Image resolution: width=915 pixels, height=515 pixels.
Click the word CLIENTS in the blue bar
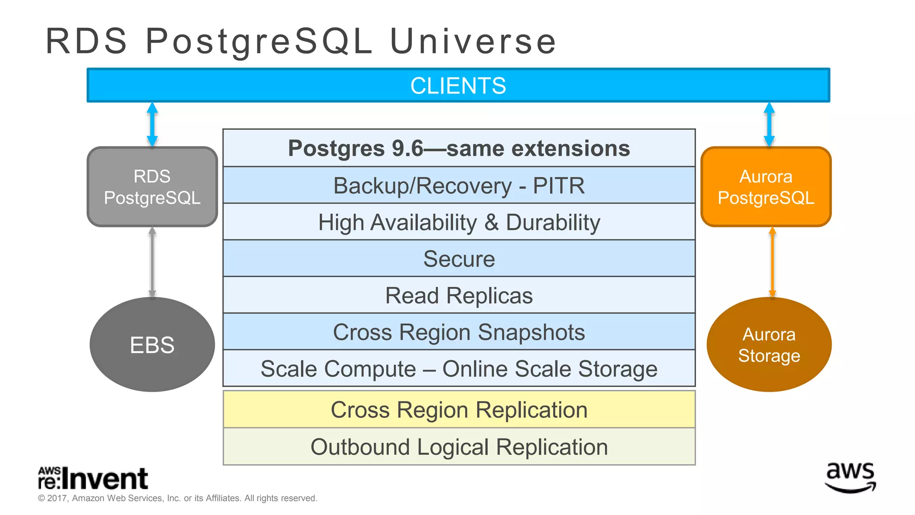click(x=458, y=85)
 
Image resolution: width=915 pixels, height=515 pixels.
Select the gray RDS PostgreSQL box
click(x=152, y=187)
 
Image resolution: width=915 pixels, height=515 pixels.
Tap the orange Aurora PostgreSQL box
click(x=766, y=187)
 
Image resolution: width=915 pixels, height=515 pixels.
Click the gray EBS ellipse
click(x=152, y=345)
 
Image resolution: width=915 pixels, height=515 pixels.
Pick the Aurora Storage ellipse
click(x=769, y=345)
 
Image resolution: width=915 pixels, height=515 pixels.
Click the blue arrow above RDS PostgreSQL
click(x=152, y=125)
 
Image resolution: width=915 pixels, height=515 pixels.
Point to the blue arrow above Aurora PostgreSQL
click(x=769, y=125)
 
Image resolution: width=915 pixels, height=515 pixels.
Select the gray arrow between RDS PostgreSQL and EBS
click(x=152, y=262)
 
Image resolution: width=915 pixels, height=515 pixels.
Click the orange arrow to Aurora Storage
click(x=772, y=262)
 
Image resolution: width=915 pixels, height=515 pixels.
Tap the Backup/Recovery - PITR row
click(x=459, y=186)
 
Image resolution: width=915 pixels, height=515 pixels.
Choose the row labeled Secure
click(x=459, y=259)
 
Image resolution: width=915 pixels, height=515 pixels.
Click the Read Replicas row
click(x=459, y=295)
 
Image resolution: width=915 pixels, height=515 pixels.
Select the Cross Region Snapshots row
click(x=459, y=332)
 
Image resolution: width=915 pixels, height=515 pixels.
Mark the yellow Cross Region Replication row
click(x=459, y=409)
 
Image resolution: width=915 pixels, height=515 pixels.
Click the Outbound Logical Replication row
click(x=459, y=447)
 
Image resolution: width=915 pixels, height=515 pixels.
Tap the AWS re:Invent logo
click(x=93, y=478)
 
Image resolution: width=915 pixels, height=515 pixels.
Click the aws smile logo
click(x=850, y=477)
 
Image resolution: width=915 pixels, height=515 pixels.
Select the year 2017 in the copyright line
click(x=57, y=498)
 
